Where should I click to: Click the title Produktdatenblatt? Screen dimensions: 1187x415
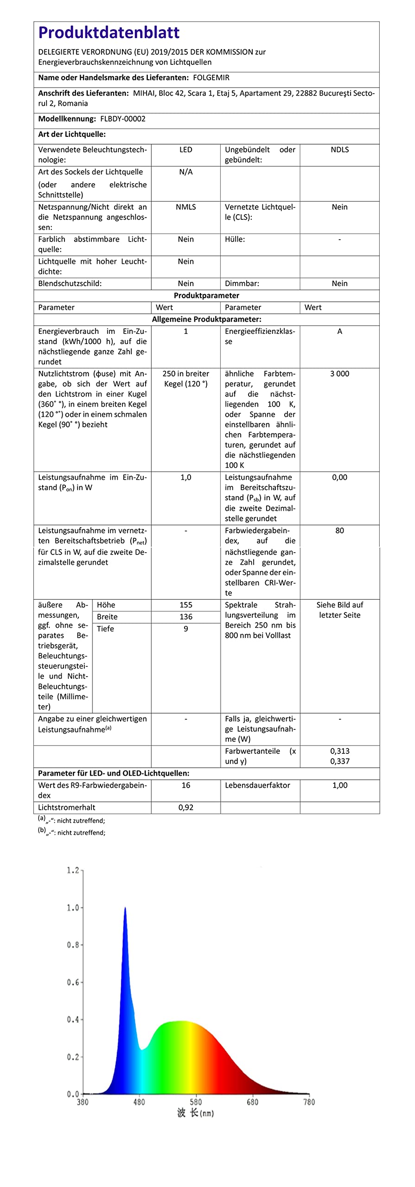tap(109, 32)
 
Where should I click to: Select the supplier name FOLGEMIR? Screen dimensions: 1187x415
tap(211, 77)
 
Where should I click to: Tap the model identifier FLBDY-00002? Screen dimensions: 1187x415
tap(122, 119)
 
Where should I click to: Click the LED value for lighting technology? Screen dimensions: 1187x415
tap(185, 150)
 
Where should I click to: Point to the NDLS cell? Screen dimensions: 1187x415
tap(339, 150)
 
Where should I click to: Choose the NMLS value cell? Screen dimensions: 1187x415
tap(185, 207)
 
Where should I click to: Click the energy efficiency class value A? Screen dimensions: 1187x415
tap(339, 332)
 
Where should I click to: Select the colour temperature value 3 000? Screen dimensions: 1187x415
tap(339, 374)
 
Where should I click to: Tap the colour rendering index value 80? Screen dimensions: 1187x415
tap(339, 530)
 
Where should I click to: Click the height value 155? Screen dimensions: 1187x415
tap(185, 605)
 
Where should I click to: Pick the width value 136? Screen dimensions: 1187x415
tap(185, 617)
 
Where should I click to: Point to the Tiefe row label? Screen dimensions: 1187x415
tap(105, 629)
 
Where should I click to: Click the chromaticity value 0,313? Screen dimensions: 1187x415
tap(339, 751)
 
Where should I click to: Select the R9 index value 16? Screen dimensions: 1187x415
tap(185, 785)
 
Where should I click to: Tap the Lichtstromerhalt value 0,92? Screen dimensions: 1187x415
tap(185, 807)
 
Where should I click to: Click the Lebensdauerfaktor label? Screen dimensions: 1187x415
tap(257, 785)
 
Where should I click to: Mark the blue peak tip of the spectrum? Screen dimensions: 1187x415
tap(125, 908)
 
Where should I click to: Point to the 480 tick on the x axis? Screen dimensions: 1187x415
tap(139, 1102)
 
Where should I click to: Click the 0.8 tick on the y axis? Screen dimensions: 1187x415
tap(73, 945)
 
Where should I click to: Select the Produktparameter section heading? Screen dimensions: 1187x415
tap(206, 295)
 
